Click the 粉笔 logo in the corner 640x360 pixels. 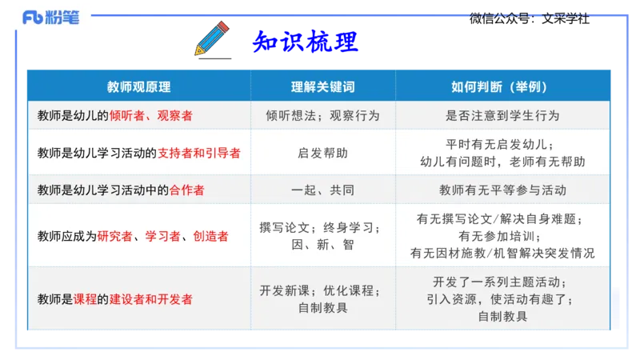coord(51,17)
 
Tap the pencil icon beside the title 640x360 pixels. coord(210,38)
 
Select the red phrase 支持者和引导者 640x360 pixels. coord(199,152)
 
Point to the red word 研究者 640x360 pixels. coord(114,236)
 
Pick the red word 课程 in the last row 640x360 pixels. coord(85,299)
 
